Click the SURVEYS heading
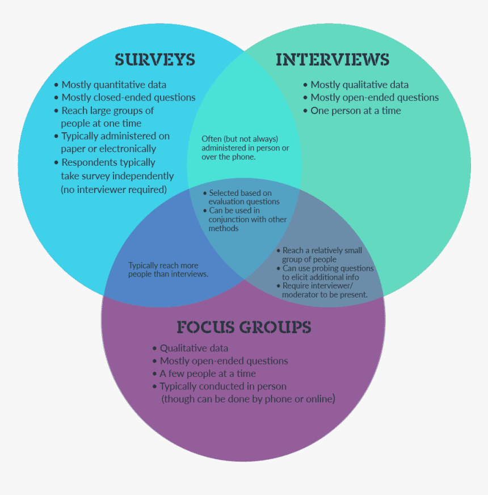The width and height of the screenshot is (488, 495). (x=154, y=60)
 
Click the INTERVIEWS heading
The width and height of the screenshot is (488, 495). (x=333, y=60)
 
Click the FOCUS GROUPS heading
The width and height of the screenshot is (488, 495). (x=243, y=327)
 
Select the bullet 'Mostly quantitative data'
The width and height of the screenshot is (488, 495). (x=113, y=85)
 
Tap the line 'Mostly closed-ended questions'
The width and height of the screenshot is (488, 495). (x=128, y=98)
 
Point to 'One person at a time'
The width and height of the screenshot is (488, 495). (x=355, y=111)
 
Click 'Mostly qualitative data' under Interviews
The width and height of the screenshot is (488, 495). (x=359, y=85)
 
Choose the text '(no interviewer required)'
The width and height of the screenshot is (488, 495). (x=114, y=190)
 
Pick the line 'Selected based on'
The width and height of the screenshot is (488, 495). (x=240, y=194)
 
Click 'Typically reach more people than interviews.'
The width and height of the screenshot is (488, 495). (x=168, y=270)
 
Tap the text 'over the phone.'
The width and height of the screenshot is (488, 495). (x=229, y=157)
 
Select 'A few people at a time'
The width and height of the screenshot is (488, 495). (x=207, y=374)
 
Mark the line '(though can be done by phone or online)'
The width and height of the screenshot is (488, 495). (x=249, y=399)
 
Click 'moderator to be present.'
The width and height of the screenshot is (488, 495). (x=325, y=295)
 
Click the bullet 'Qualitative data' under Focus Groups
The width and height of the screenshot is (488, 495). (x=193, y=348)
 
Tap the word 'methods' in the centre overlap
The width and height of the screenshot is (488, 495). (x=224, y=228)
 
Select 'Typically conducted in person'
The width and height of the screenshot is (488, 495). (x=222, y=387)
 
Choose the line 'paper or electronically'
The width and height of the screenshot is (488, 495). (x=108, y=149)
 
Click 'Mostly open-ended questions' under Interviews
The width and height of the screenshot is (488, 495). (x=375, y=98)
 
